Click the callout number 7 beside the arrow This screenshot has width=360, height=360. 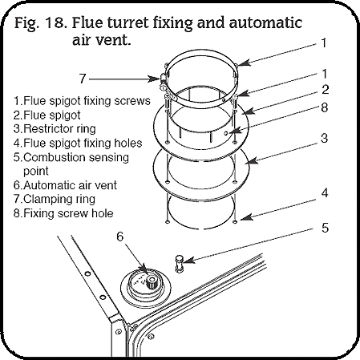tap(81, 79)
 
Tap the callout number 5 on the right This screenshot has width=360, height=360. tap(325, 227)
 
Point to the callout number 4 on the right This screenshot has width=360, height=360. tap(325, 192)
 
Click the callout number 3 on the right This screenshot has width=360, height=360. tap(325, 138)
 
